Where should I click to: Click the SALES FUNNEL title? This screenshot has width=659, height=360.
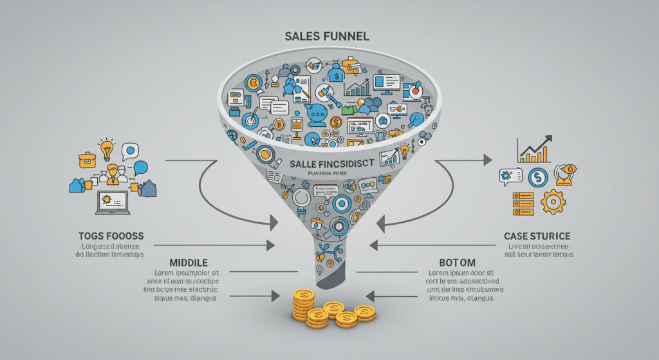(x=327, y=36)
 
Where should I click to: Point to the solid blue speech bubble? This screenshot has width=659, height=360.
(x=141, y=169)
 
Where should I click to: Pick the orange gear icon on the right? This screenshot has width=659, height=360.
(x=552, y=202)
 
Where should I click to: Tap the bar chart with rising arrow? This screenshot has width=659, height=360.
(x=534, y=150)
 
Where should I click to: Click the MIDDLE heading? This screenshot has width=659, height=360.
(x=188, y=263)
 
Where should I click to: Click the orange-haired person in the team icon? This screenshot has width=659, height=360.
(x=113, y=172)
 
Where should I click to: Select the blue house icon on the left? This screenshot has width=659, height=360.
(x=148, y=188)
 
